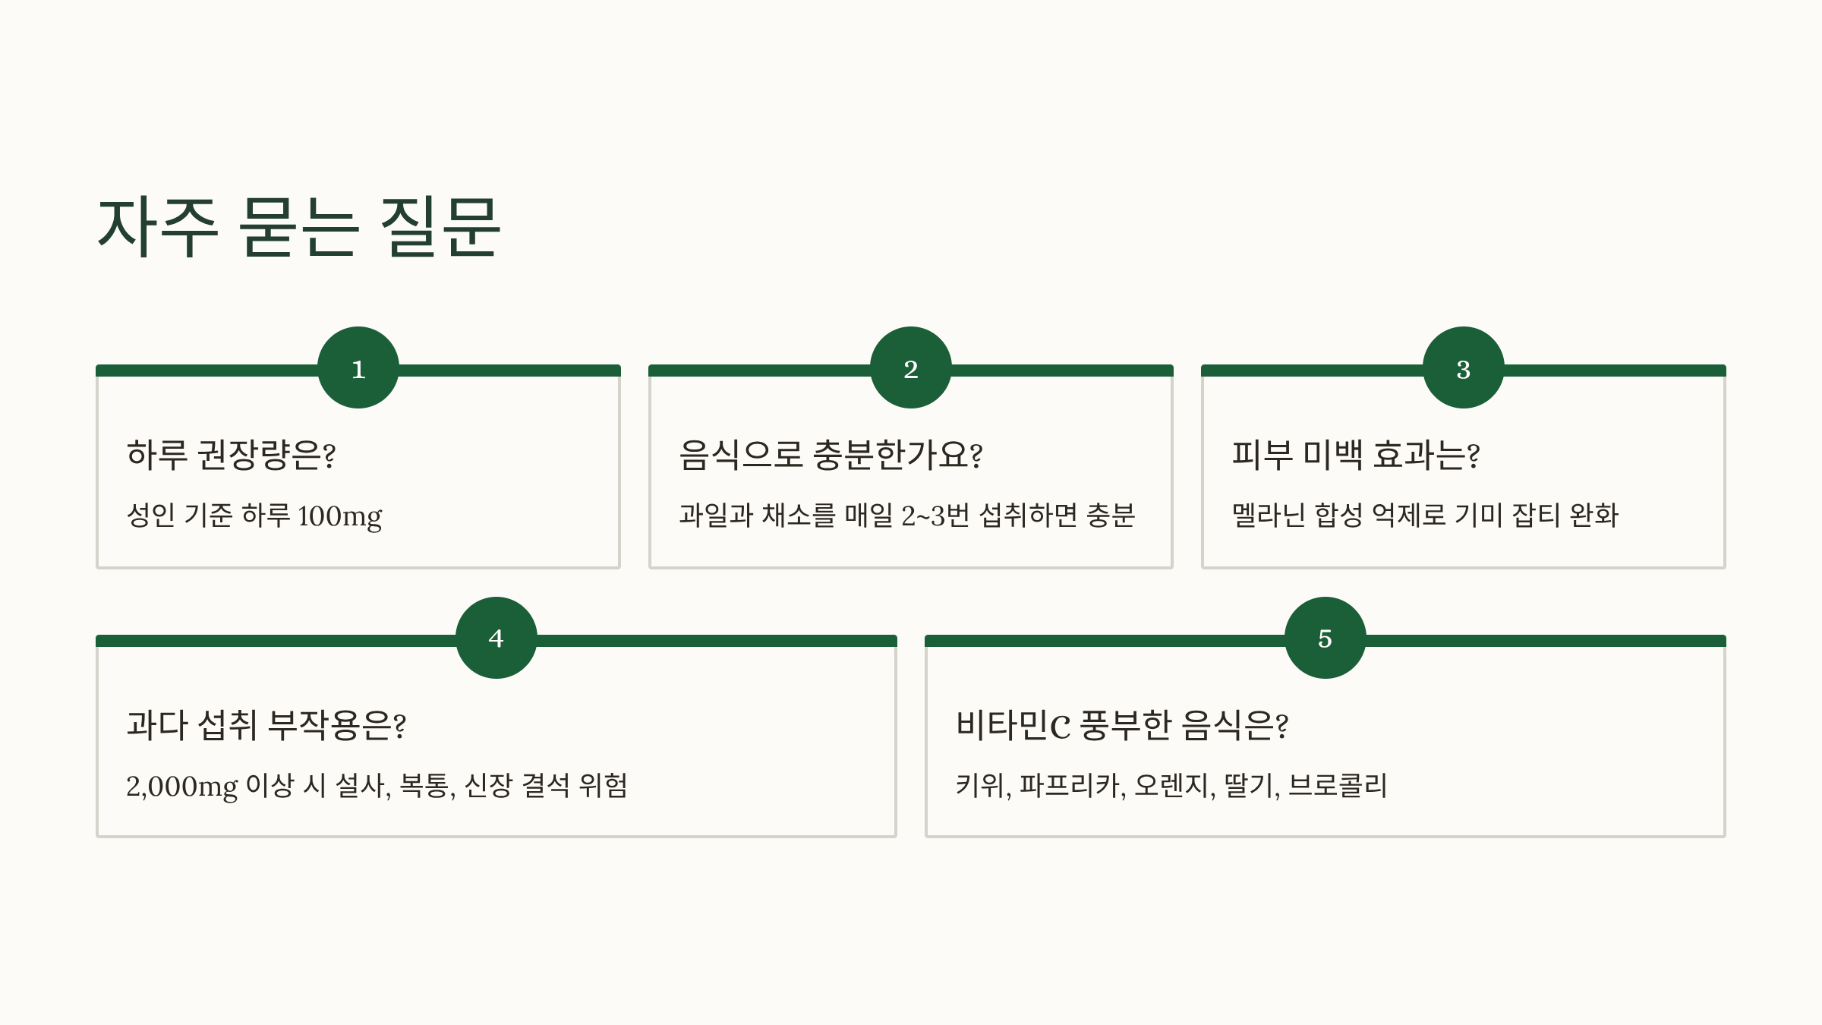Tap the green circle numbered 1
coord(358,367)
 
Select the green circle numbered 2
coord(911,367)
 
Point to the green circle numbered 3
coord(1463,367)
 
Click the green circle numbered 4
coord(496,638)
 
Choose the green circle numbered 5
coord(1325,638)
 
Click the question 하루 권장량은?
coord(231,455)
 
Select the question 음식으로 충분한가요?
coord(831,455)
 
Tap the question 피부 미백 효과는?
coord(1355,455)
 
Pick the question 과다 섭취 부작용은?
coord(266,725)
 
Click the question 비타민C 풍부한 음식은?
coord(1121,725)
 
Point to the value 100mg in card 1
coord(339,516)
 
